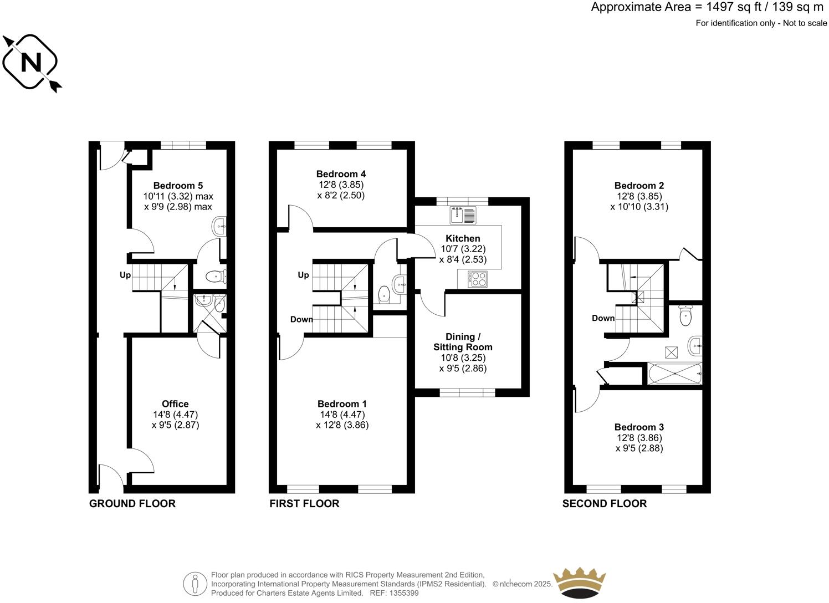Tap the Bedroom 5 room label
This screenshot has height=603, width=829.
pos(174,186)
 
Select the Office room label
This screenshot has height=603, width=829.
pos(175,404)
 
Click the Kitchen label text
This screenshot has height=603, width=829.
pos(463,238)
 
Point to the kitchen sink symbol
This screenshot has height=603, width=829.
pos(463,214)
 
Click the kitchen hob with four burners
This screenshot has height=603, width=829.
pos(477,279)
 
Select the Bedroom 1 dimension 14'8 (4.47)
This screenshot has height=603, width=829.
pos(342,415)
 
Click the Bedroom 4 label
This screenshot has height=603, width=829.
pos(341,174)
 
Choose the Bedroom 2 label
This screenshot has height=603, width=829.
pos(639,186)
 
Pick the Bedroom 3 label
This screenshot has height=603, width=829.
pos(639,427)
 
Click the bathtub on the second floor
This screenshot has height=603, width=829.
pos(675,374)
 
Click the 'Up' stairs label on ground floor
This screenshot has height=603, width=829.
pos(125,275)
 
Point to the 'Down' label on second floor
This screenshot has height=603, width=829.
pos(603,318)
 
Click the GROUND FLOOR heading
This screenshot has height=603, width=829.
pos(132,503)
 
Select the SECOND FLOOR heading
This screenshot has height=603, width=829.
pos(605,503)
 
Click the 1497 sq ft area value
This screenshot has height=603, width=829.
pos(726,7)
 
